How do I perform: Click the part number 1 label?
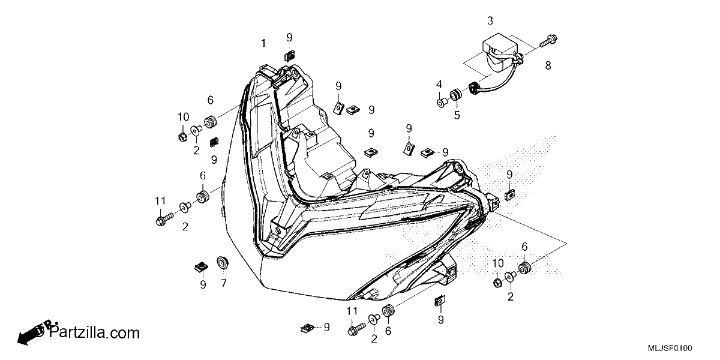click(263, 43)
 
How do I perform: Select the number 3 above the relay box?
click(490, 21)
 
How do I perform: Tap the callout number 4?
click(439, 85)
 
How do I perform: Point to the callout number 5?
click(457, 115)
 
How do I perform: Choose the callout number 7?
click(224, 283)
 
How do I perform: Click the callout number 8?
click(548, 65)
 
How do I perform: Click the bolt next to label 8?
click(548, 41)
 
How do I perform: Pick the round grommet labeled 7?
click(223, 262)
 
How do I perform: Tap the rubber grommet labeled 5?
click(455, 95)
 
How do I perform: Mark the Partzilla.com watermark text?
click(94, 332)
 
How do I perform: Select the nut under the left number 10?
click(182, 137)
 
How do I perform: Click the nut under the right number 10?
click(497, 283)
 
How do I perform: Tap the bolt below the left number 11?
click(164, 218)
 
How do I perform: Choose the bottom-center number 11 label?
click(352, 311)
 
